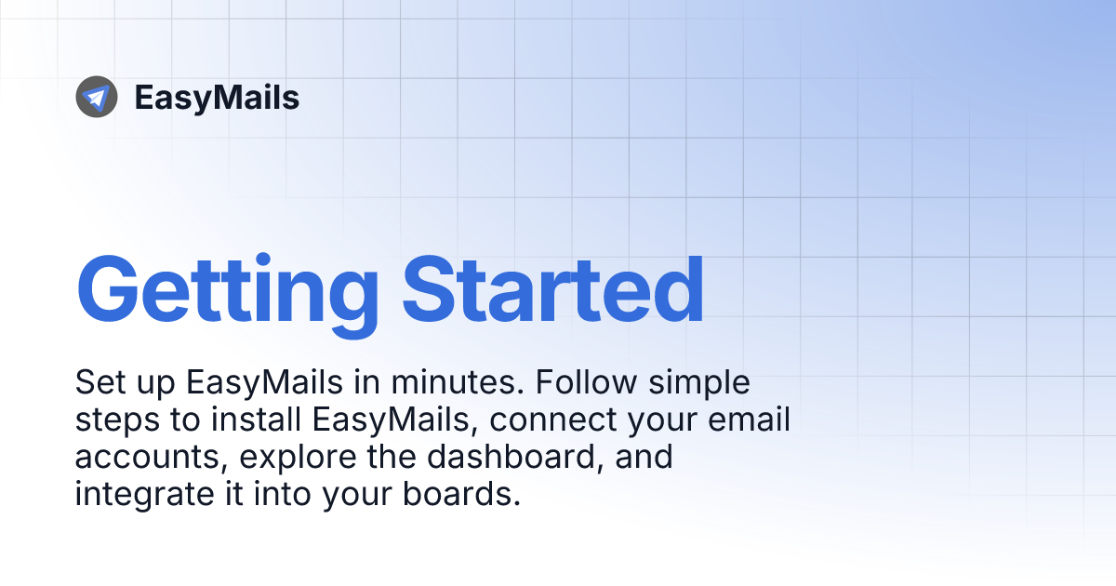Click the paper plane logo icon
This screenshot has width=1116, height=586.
[x=97, y=97]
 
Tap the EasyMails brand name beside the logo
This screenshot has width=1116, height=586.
[x=217, y=98]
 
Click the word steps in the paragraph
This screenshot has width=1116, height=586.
[x=113, y=421]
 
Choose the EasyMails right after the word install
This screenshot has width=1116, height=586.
[x=392, y=421]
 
